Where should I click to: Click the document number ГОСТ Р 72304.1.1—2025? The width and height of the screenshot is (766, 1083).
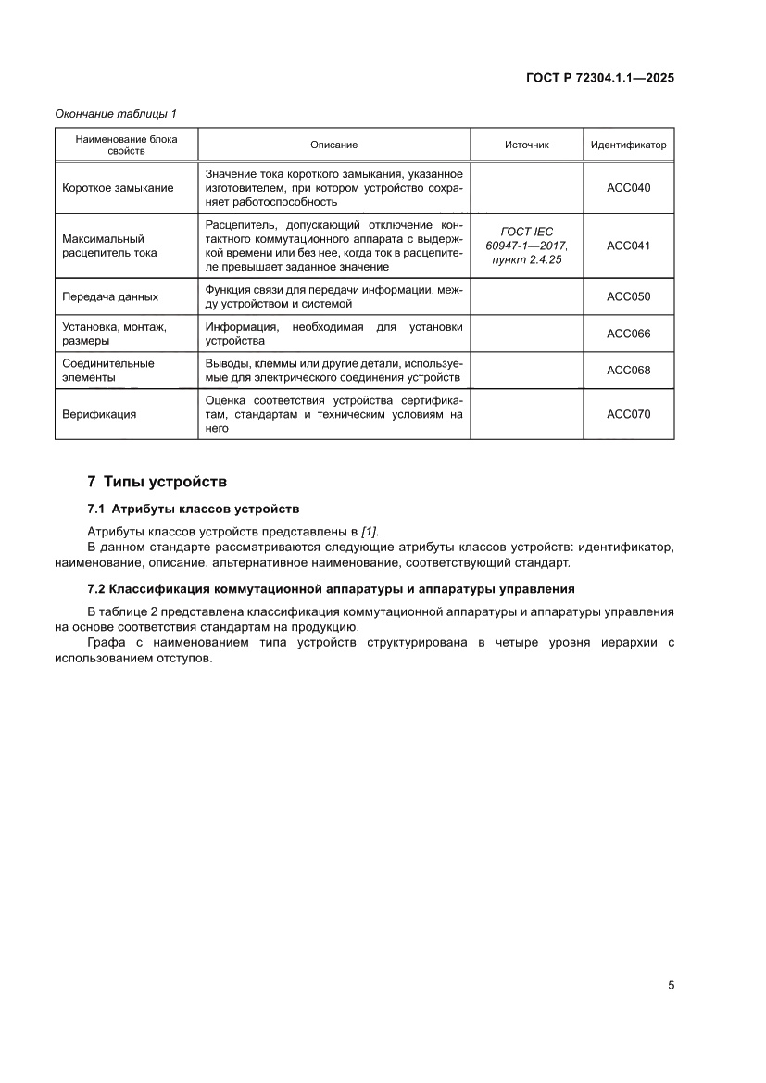click(x=599, y=78)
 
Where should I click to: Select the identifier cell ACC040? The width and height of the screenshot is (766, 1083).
click(x=628, y=188)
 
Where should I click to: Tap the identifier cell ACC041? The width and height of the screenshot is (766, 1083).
click(x=628, y=246)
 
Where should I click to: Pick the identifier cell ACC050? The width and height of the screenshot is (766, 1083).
click(x=628, y=297)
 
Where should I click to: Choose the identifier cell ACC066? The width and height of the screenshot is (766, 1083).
click(x=628, y=334)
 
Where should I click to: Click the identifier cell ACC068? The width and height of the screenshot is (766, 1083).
click(x=628, y=371)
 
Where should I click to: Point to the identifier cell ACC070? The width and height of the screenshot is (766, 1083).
click(x=628, y=414)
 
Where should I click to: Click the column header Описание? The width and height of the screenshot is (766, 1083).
click(x=333, y=145)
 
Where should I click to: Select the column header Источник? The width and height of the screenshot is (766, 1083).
click(x=526, y=145)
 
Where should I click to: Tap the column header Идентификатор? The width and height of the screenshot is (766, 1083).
click(x=628, y=145)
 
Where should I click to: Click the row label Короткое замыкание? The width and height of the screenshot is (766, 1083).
click(x=117, y=188)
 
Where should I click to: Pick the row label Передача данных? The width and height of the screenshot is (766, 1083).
click(x=109, y=297)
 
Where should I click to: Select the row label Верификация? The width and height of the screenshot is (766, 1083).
click(x=98, y=414)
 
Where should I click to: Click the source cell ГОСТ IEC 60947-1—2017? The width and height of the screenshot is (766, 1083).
click(x=526, y=246)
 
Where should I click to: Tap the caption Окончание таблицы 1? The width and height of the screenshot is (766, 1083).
click(x=115, y=113)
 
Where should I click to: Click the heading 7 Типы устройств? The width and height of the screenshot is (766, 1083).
click(x=156, y=483)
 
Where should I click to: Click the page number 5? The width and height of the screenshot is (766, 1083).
click(x=670, y=985)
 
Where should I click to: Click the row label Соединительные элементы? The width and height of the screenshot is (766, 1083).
click(x=107, y=371)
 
